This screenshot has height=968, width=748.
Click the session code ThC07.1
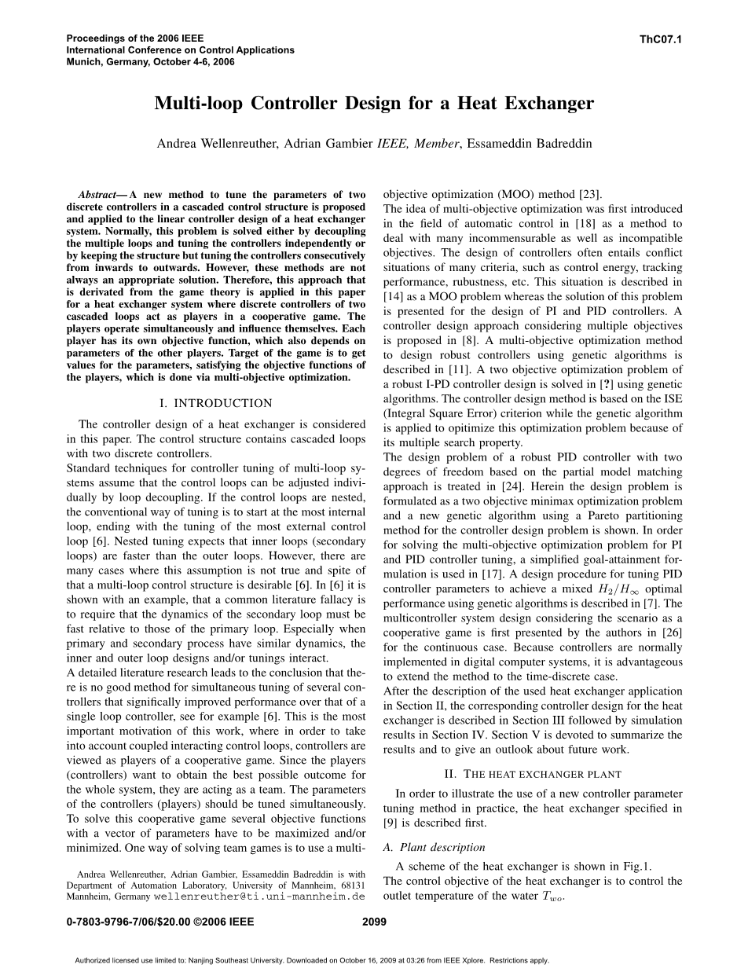click(x=661, y=38)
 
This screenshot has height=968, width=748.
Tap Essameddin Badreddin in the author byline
click(x=530, y=143)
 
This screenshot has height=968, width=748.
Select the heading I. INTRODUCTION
click(x=215, y=403)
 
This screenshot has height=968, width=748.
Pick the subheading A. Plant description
click(x=434, y=847)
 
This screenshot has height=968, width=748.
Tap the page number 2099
click(x=374, y=923)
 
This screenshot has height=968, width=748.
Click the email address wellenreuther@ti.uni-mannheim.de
click(x=260, y=896)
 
